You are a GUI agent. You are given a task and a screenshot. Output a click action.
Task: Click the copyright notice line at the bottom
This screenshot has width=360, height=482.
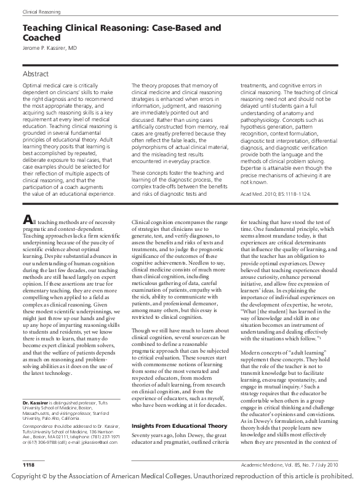tap(180, 475)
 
